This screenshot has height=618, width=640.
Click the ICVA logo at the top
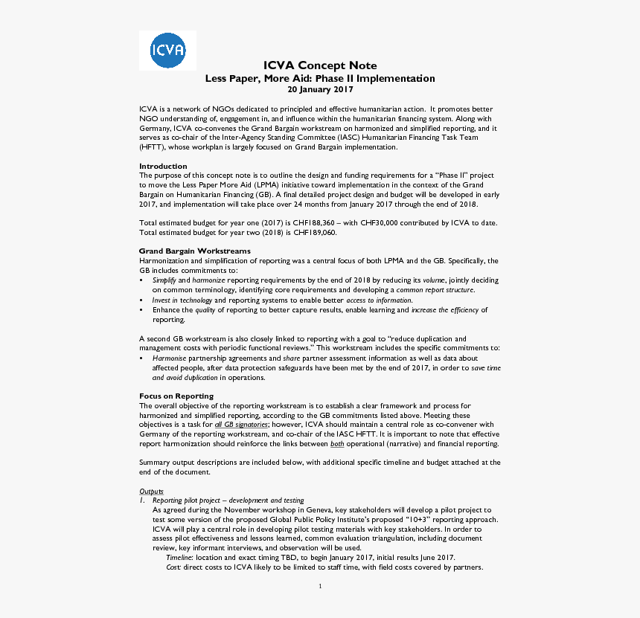click(x=167, y=51)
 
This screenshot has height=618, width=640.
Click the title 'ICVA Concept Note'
click(x=320, y=65)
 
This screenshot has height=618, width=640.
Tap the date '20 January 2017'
click(x=320, y=89)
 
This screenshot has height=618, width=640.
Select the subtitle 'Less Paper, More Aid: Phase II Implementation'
click(x=320, y=78)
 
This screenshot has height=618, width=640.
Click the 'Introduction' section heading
click(x=163, y=166)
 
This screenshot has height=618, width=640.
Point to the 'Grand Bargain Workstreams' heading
click(x=195, y=251)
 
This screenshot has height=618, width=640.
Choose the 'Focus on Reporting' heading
click(x=176, y=396)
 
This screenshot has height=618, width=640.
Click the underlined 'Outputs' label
click(x=151, y=492)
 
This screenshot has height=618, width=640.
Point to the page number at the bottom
click(x=320, y=586)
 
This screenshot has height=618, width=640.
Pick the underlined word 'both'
click(x=337, y=444)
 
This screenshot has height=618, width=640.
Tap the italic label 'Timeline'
click(x=179, y=558)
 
